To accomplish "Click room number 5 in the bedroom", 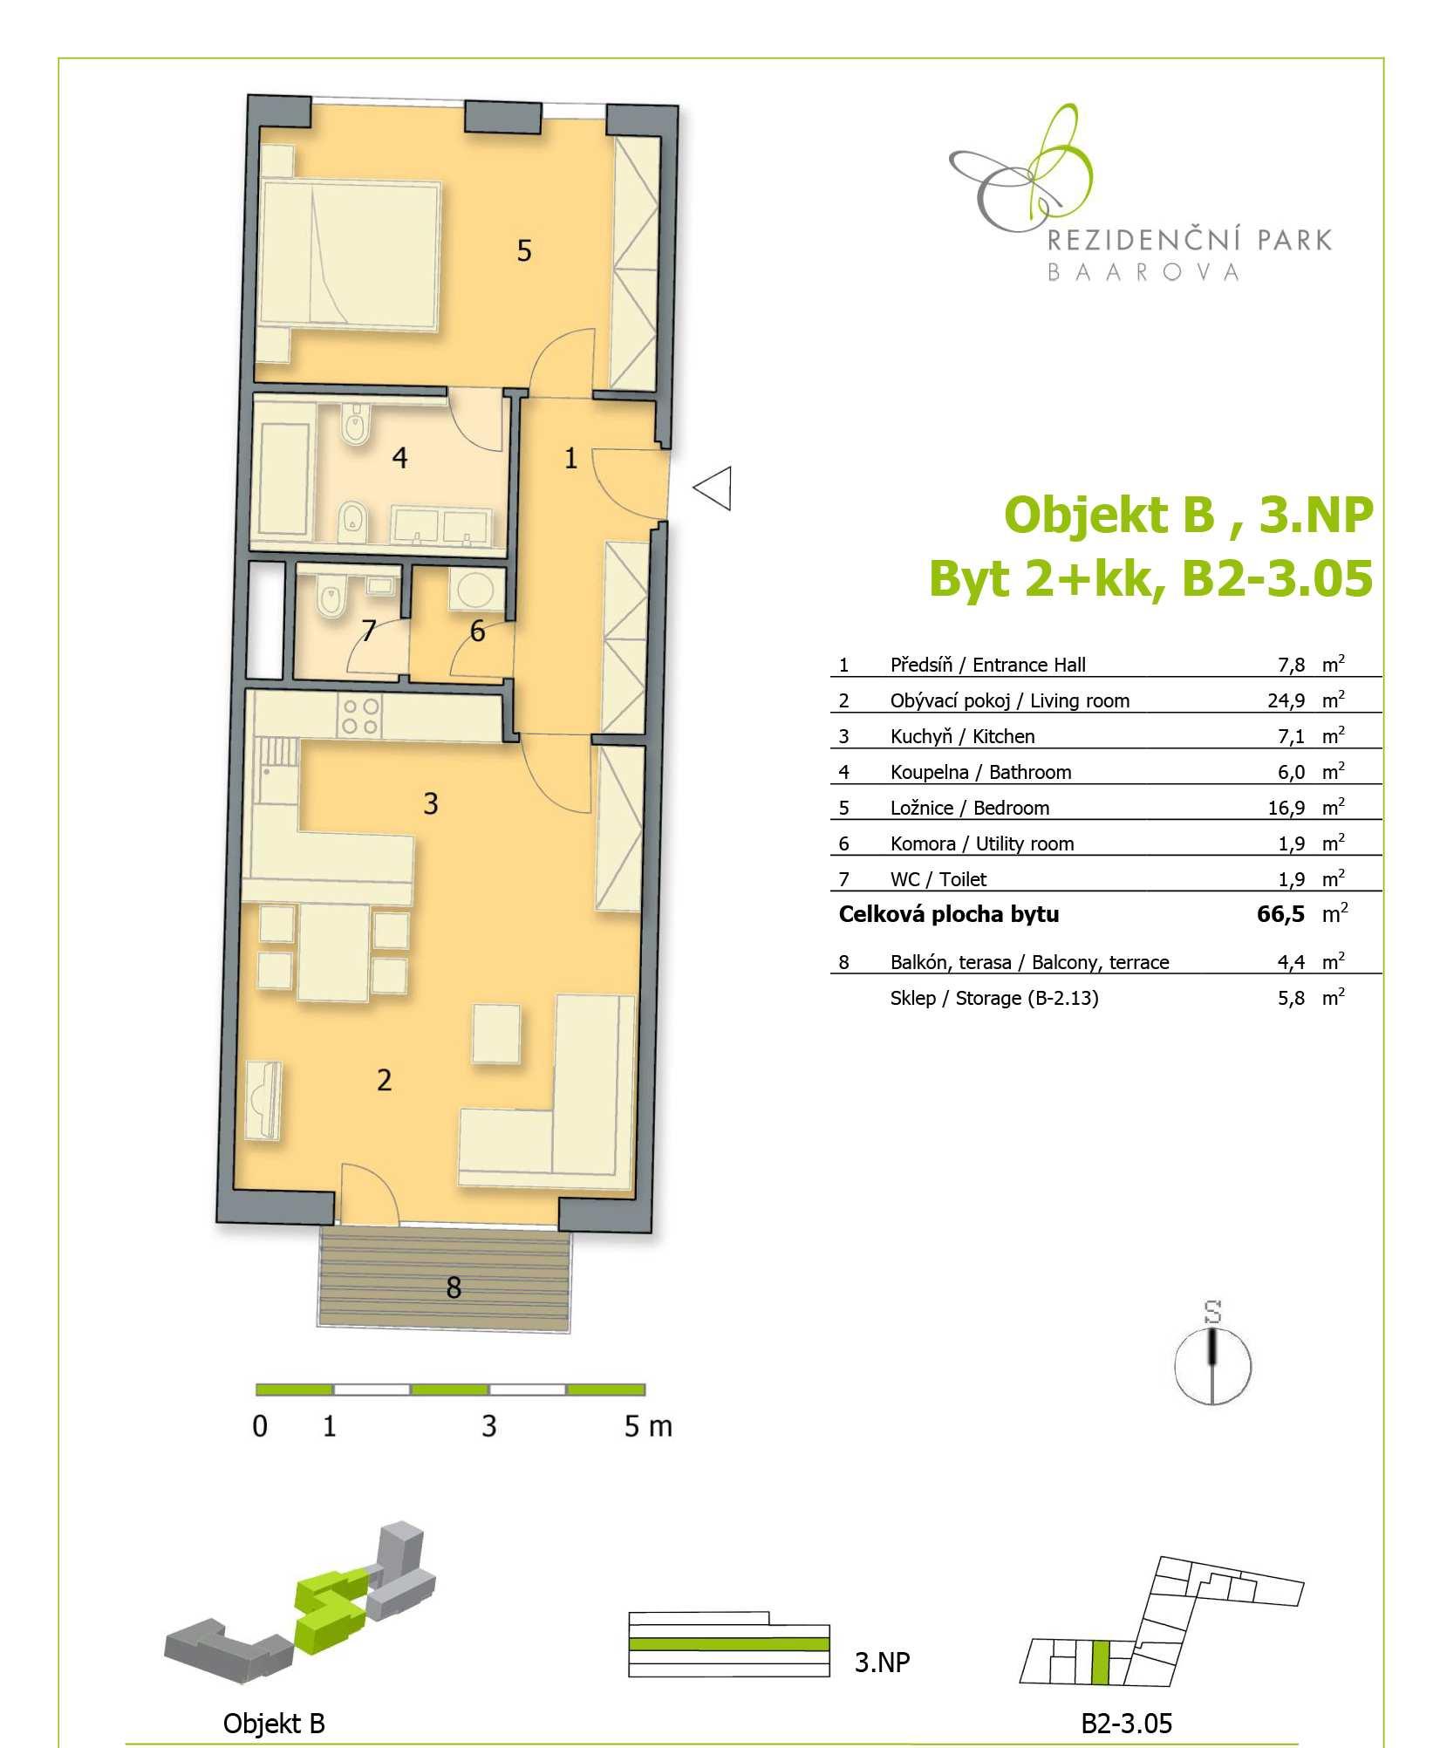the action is tap(523, 251).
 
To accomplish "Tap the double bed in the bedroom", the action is tap(350, 255).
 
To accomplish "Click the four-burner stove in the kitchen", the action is tap(360, 716).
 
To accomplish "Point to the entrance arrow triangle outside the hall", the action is tap(713, 488).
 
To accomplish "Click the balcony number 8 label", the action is tap(454, 1287).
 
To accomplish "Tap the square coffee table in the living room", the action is tap(496, 1034).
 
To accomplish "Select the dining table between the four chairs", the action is tap(334, 953).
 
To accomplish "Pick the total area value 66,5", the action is tap(1280, 914).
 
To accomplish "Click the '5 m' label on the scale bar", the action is tap(648, 1426).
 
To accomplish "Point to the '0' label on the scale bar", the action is tap(260, 1426).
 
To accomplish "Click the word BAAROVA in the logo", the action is tap(1143, 272).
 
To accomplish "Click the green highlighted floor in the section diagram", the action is tap(728, 1644).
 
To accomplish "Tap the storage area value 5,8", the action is tap(1291, 998).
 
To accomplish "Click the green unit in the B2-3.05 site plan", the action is tap(1101, 1663).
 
